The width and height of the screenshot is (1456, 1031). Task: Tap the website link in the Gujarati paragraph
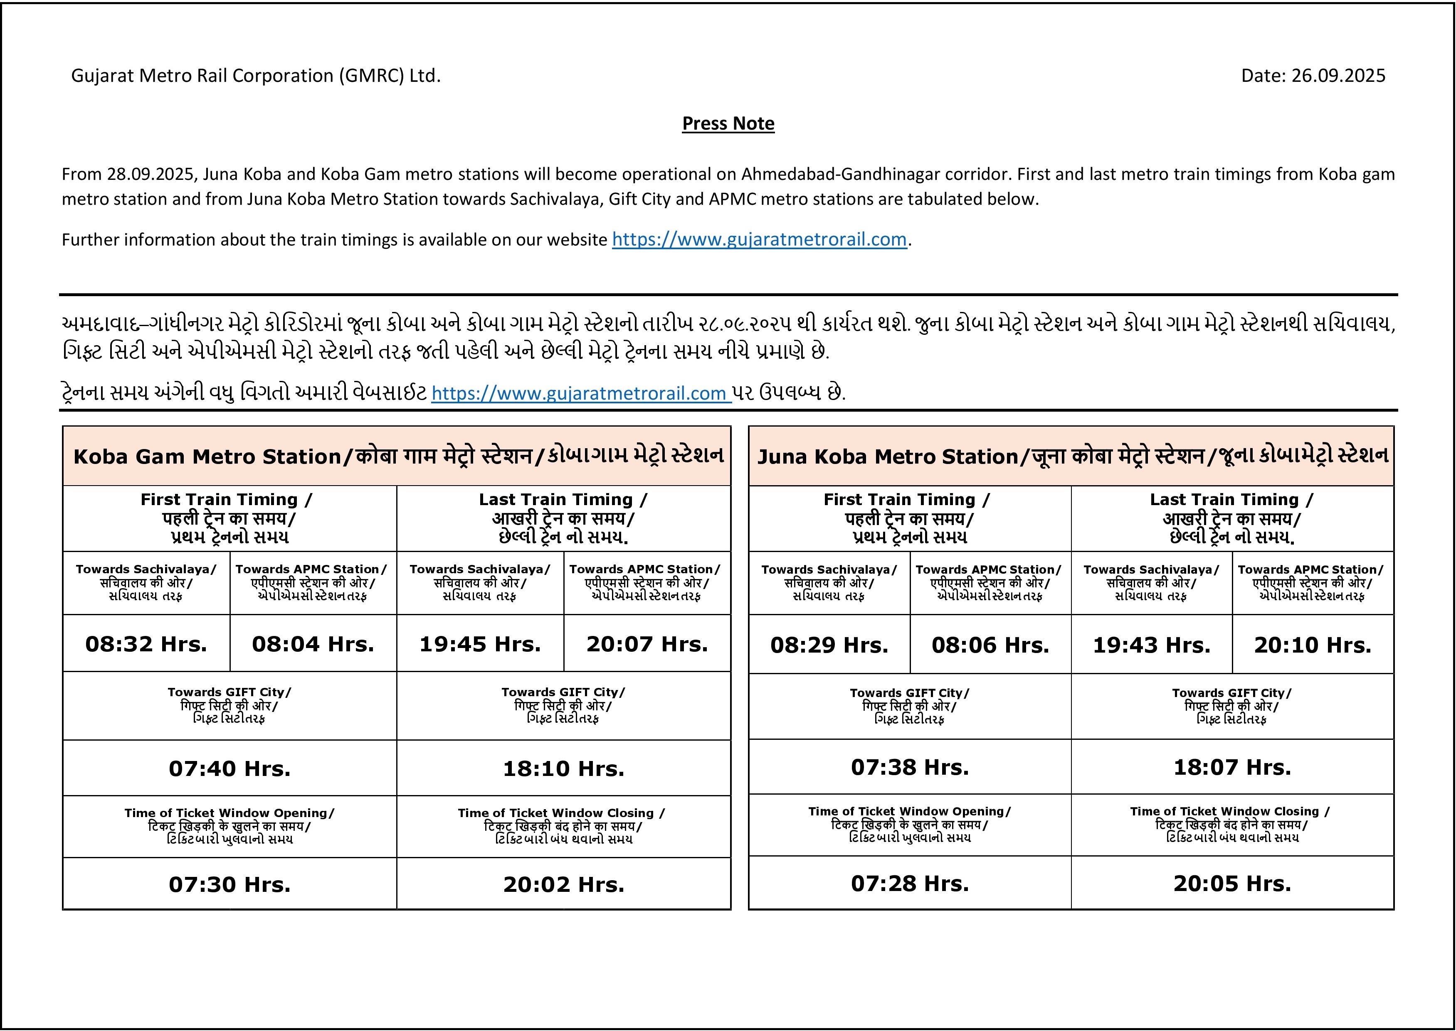coord(581,394)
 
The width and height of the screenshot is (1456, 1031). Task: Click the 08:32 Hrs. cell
coord(146,644)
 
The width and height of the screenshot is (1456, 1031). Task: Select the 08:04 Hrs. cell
coord(313,644)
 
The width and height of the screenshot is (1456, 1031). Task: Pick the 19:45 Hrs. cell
coord(480,644)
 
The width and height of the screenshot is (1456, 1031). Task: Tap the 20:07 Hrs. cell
coord(647,644)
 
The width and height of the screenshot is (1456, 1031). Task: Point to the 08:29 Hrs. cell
coord(829,645)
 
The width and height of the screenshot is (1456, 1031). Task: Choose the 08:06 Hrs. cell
coord(990,645)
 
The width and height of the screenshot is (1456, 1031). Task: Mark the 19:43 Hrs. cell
coord(1151,645)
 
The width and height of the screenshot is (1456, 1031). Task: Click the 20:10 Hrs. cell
coord(1313,645)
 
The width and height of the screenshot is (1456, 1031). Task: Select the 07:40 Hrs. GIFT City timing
coord(230,768)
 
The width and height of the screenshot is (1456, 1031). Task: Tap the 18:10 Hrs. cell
coord(563,768)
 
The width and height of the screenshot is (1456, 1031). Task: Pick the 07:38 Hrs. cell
coord(910,767)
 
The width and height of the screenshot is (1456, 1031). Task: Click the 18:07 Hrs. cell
coord(1232,767)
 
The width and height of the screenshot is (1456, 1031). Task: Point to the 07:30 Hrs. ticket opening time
coord(230,884)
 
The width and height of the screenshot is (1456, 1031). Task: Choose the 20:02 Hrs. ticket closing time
coord(563,884)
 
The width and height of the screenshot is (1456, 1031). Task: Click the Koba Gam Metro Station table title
coord(397,456)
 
